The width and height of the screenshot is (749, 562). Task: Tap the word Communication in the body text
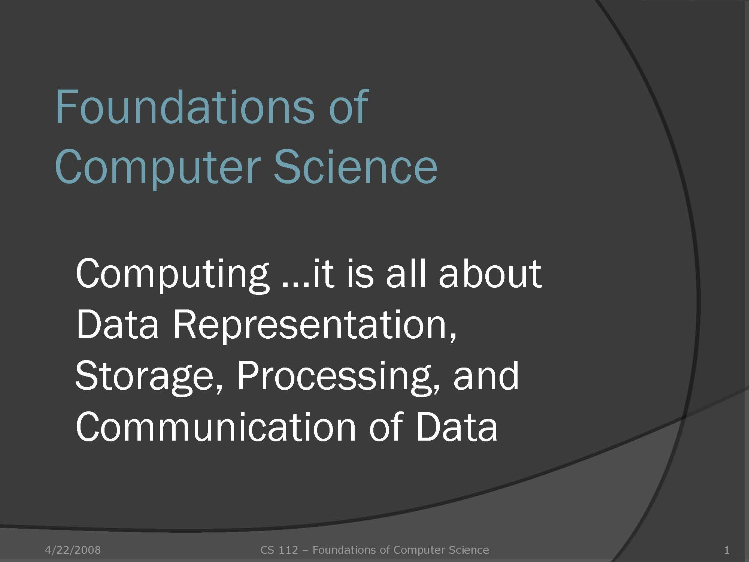pos(215,427)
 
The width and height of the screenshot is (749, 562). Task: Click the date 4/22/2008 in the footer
pos(73,550)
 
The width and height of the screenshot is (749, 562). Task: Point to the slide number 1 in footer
pos(727,550)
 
